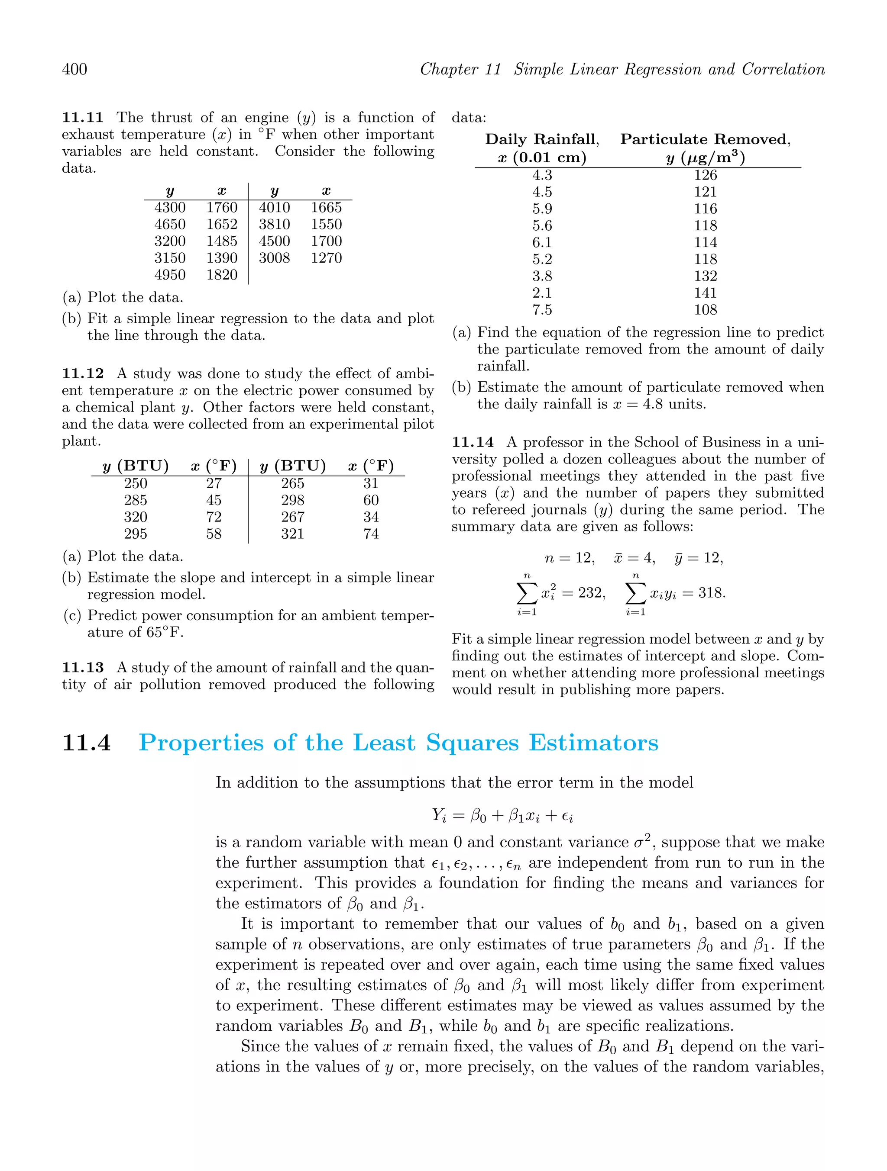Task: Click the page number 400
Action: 75,69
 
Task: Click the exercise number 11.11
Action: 82,118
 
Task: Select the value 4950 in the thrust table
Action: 169,275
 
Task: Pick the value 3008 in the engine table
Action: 274,258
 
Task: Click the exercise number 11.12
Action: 83,374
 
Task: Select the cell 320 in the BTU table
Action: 136,517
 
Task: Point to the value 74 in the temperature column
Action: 371,534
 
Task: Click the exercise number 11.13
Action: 83,668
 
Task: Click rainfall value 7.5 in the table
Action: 542,310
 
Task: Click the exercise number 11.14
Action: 473,443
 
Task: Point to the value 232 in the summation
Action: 591,593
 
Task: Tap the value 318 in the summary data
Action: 711,593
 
